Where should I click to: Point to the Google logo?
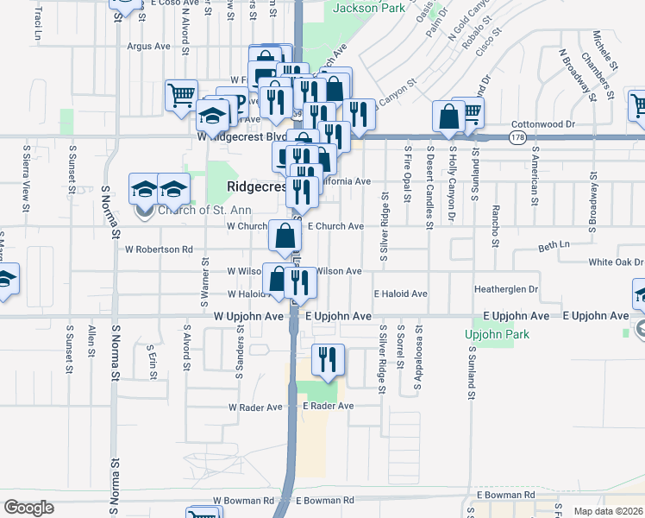(28, 508)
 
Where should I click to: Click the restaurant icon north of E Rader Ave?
(327, 360)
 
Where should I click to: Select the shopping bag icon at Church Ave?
(285, 235)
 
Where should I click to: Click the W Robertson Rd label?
(159, 250)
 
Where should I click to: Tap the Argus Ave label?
(149, 46)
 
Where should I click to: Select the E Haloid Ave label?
(400, 294)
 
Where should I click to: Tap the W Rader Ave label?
(255, 407)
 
